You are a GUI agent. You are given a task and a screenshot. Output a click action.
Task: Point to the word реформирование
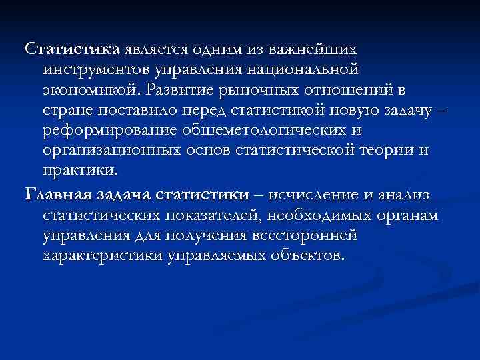115,130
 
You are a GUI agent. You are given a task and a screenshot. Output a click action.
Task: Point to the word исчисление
313,195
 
